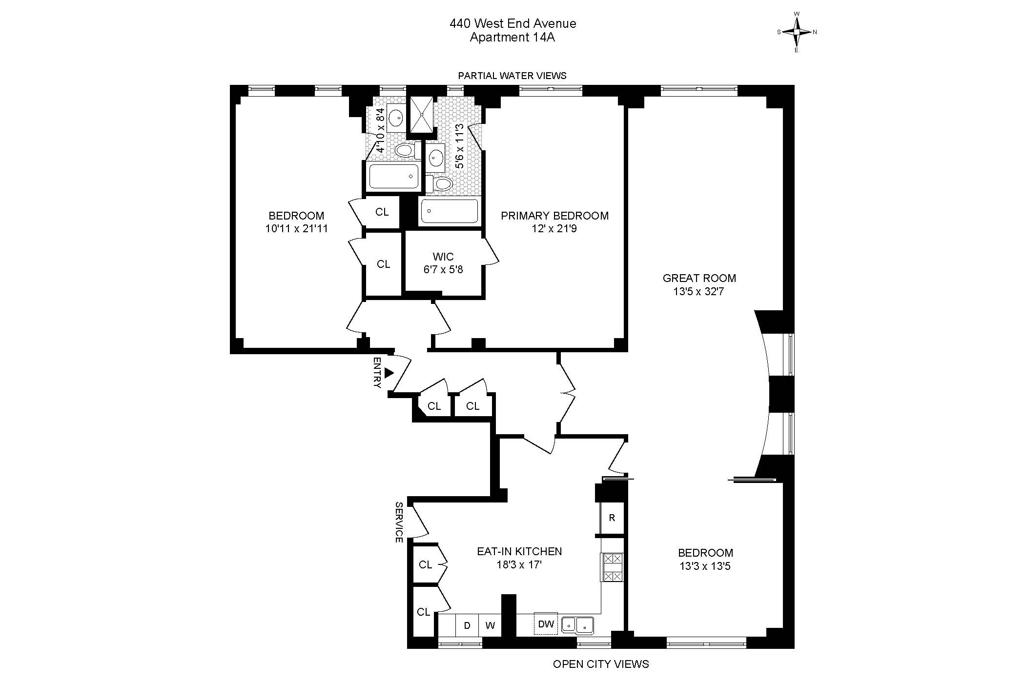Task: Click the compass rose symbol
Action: click(797, 32)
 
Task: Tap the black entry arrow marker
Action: click(389, 373)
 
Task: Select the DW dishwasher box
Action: click(546, 624)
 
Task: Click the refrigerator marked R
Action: click(612, 518)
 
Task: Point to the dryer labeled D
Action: click(467, 625)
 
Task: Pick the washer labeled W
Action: click(490, 625)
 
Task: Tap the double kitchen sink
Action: click(577, 625)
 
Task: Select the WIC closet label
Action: click(443, 257)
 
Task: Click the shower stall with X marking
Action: click(420, 115)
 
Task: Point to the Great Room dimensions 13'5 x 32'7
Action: click(699, 292)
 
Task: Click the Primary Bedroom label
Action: click(554, 216)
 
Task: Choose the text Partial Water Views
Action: click(512, 76)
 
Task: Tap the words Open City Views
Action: click(601, 664)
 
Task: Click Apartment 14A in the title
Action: click(512, 38)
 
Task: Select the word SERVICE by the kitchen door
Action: click(399, 522)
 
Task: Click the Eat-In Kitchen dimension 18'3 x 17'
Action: click(519, 565)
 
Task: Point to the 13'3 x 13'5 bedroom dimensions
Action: click(705, 566)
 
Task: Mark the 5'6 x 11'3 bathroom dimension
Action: click(459, 146)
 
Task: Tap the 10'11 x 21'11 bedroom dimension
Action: click(296, 228)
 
